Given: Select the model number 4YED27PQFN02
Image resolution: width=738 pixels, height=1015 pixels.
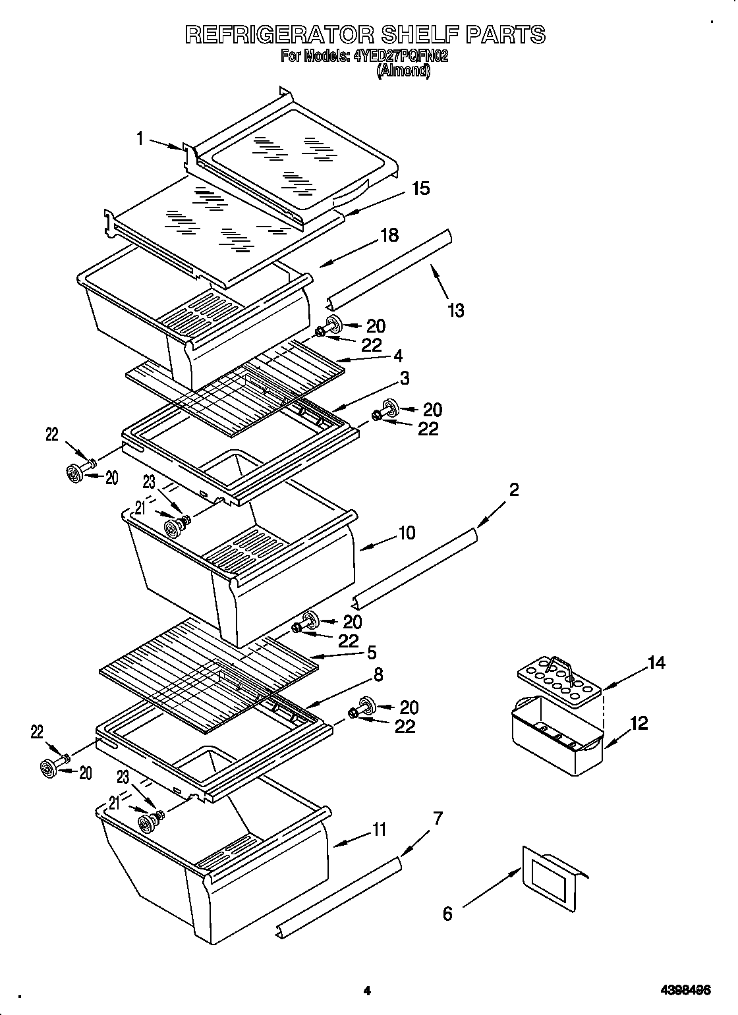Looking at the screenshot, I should [401, 57].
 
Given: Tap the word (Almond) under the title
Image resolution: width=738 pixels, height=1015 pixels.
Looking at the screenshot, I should [403, 71].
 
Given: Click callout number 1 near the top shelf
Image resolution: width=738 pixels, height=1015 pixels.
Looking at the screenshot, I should [140, 138].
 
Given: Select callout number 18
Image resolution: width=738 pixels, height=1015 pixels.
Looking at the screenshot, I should [389, 235].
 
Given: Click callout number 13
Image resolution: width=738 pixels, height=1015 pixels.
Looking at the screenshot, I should [455, 310].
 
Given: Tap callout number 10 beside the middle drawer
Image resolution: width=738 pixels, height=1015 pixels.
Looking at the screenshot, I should [407, 532].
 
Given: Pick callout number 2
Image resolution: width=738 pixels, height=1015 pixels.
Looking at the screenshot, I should [513, 489].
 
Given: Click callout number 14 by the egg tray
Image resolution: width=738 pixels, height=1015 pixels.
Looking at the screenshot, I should [656, 663].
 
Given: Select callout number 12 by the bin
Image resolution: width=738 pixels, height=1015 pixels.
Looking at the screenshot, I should [639, 723].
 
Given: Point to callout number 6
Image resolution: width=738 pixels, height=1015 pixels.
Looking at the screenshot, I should [447, 914].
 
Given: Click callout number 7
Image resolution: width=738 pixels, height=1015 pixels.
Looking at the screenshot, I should [438, 819].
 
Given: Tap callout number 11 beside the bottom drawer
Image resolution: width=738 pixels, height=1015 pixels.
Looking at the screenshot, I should [379, 830].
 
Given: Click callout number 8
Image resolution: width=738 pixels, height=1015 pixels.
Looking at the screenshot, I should [378, 674].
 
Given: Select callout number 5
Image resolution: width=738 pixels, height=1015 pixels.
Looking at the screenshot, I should [371, 652].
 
